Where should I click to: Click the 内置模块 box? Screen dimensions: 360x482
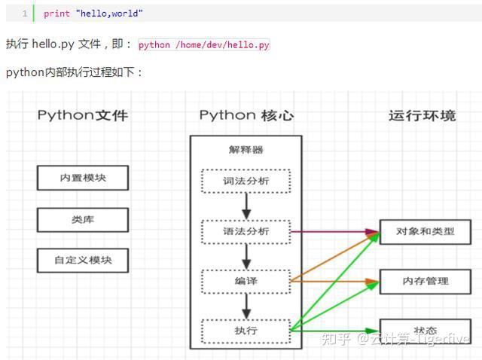(x=83, y=178)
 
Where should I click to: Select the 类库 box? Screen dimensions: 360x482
(x=83, y=220)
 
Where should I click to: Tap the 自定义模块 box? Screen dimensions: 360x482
(x=83, y=261)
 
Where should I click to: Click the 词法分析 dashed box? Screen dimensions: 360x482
(x=246, y=181)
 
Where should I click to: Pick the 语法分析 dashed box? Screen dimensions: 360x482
(x=246, y=231)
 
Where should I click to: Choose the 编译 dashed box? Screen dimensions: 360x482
(x=246, y=281)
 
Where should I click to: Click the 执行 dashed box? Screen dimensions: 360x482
(x=246, y=331)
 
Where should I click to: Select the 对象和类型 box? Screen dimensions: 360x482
(x=425, y=232)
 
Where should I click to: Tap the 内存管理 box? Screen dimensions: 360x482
(x=425, y=281)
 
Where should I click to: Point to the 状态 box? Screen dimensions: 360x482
(x=425, y=331)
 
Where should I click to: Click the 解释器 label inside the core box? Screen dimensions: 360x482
(x=246, y=150)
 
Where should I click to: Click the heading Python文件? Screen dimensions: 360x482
(x=83, y=115)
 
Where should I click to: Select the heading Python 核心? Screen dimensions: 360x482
(x=246, y=115)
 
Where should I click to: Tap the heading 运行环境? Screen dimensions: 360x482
(x=422, y=115)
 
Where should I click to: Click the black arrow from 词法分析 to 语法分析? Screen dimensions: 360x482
(x=246, y=206)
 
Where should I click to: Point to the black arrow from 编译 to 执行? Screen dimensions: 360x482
(x=246, y=306)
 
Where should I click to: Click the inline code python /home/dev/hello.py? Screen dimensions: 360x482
(x=203, y=45)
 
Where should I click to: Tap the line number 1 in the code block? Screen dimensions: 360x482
(x=25, y=14)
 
